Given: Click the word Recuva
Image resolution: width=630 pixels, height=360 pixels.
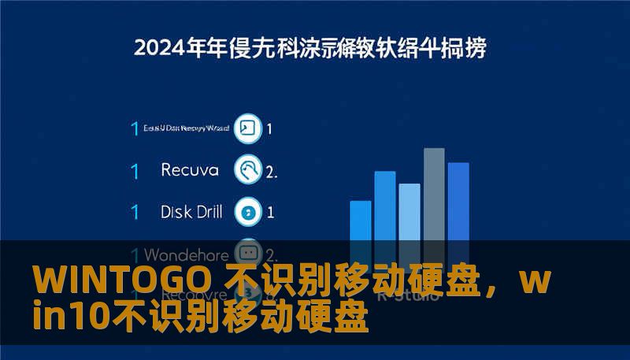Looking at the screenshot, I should click(x=189, y=169).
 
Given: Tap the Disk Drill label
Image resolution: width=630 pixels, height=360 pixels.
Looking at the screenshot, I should click(x=191, y=211).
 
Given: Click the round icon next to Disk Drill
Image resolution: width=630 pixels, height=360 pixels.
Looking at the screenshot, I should click(x=249, y=211).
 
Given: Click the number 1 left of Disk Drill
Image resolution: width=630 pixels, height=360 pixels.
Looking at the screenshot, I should click(x=135, y=212).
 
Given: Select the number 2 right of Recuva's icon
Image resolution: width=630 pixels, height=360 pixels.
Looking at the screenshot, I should click(x=271, y=170).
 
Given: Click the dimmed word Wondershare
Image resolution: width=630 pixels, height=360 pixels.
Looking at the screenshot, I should click(x=187, y=254).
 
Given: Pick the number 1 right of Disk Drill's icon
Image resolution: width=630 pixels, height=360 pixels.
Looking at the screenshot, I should click(x=270, y=212).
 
